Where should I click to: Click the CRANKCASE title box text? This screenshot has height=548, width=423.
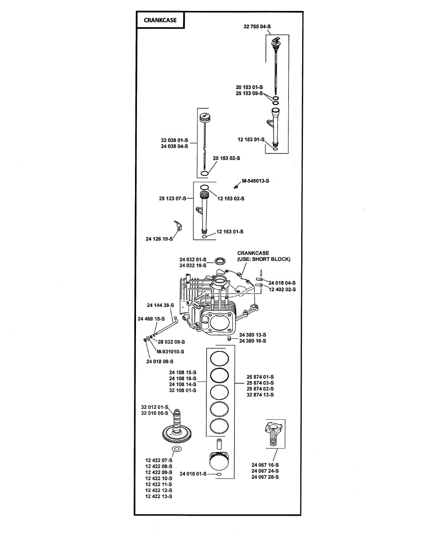[160, 20]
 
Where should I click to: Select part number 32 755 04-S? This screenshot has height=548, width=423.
[257, 26]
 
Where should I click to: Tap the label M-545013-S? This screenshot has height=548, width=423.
[256, 181]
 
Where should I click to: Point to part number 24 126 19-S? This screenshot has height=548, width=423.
[159, 238]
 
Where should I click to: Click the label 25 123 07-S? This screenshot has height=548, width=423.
[172, 199]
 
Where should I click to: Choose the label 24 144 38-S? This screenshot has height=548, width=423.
[161, 305]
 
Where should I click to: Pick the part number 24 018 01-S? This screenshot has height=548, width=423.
[193, 474]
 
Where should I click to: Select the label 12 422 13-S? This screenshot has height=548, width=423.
[159, 496]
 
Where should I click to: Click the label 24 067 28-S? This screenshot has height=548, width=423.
[265, 477]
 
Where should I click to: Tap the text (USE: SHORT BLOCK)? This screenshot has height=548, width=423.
[264, 259]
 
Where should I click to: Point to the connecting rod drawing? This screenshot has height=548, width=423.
[274, 433]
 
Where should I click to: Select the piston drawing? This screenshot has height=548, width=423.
[219, 461]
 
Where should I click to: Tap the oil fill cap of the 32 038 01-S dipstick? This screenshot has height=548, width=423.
[204, 117]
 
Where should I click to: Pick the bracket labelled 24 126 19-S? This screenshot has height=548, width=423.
[178, 225]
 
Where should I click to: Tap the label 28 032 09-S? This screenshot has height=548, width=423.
[171, 342]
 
